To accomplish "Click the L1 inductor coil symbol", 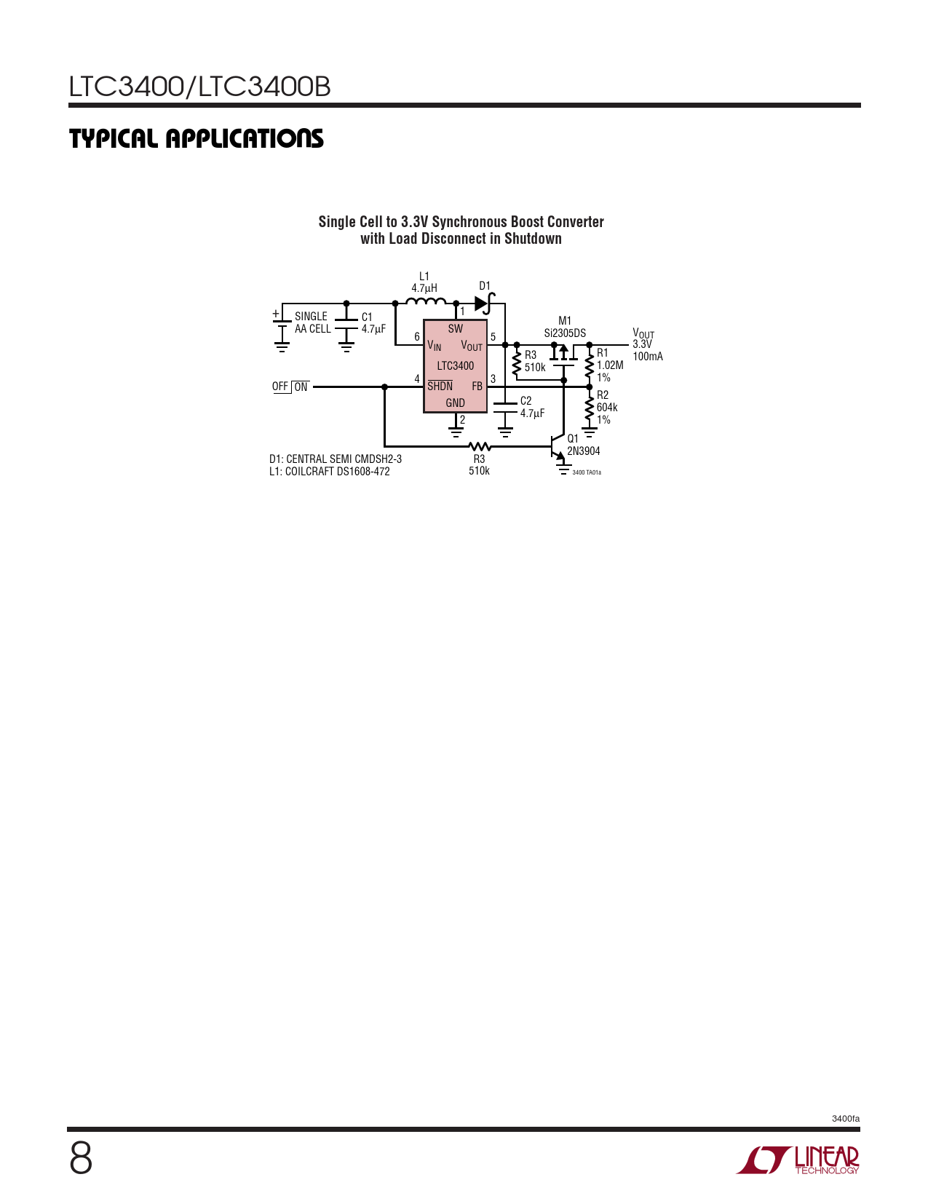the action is point(426,301).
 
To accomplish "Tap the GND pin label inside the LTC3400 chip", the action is point(455,403).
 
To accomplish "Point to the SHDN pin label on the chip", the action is point(440,386).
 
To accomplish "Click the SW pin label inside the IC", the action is point(456,329).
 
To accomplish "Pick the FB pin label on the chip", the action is point(477,387).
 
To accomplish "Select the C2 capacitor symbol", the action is point(505,408).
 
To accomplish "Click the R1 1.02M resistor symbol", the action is point(589,365).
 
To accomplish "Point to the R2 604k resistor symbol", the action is point(589,408).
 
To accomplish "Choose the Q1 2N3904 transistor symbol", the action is point(558,447).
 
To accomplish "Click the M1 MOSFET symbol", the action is point(563,354).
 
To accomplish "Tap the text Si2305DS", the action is point(565,333).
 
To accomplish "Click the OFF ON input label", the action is point(290,387).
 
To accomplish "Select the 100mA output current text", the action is point(648,357).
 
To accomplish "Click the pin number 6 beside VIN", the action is point(417,336).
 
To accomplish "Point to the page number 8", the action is point(81,1159).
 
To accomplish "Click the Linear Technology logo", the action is point(798,1159).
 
